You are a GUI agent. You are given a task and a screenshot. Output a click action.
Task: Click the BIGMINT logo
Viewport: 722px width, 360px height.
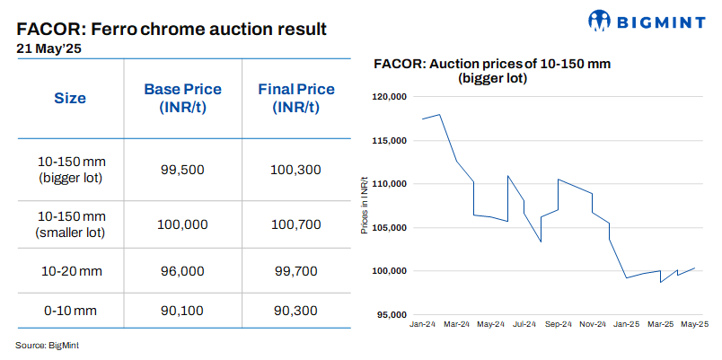648,21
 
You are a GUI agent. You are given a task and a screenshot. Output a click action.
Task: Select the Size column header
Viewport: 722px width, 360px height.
70,98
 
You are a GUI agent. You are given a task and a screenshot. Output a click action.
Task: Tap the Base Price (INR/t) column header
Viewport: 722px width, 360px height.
182,98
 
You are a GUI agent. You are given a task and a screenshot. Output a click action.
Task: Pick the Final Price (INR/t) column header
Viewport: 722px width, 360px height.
295,98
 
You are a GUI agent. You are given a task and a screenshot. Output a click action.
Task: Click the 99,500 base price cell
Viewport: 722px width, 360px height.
182,169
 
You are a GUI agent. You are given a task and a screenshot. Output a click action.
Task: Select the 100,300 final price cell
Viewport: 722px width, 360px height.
295,169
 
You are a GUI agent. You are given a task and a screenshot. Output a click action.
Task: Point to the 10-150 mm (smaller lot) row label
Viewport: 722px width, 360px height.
71,224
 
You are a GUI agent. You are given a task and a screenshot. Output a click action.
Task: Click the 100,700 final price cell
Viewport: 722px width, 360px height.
295,224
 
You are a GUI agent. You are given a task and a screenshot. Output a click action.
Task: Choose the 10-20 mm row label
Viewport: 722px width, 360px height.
71,270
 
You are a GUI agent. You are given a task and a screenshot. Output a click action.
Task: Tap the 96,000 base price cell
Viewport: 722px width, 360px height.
182,270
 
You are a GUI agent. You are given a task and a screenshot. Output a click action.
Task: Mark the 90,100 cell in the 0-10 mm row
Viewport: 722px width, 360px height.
182,311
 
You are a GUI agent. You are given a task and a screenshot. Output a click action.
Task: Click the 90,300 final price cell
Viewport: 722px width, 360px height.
295,311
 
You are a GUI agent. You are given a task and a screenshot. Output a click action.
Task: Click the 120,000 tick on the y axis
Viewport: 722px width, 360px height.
391,97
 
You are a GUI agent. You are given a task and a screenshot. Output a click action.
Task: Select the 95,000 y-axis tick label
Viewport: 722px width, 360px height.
393,314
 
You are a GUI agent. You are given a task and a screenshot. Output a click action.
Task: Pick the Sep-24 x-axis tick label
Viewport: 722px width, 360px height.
558,323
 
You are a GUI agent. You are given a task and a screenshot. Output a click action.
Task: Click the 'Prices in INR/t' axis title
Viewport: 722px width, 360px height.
364,206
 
